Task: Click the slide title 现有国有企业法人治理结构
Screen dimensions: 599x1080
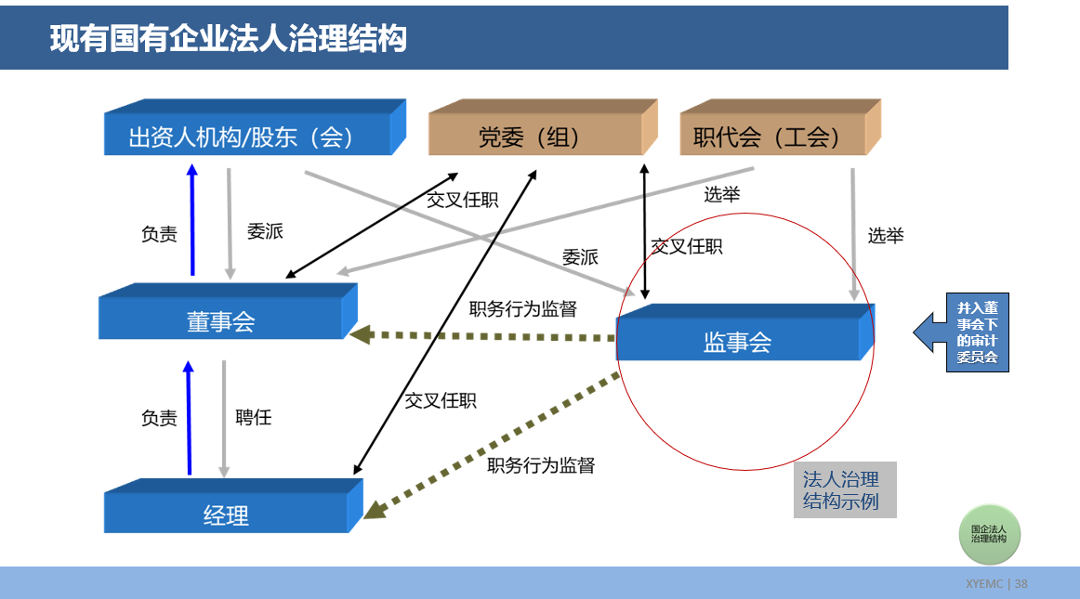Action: (x=228, y=39)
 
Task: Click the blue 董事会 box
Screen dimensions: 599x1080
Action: (x=221, y=321)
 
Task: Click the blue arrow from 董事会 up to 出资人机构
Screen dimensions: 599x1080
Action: (x=192, y=221)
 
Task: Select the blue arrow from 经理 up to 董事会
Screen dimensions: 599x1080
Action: (x=190, y=418)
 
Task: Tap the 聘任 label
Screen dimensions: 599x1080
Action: (x=253, y=418)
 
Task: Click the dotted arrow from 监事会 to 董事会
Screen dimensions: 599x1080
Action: (x=483, y=335)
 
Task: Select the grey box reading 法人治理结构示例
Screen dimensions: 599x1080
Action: (x=844, y=490)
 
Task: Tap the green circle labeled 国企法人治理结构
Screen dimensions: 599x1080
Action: (x=989, y=534)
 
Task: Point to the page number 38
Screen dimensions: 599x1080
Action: (x=1021, y=584)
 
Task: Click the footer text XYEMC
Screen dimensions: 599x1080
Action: (x=983, y=584)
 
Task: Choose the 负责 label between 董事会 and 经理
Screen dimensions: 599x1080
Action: (x=159, y=418)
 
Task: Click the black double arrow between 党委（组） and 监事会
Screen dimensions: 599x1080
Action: (x=644, y=228)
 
